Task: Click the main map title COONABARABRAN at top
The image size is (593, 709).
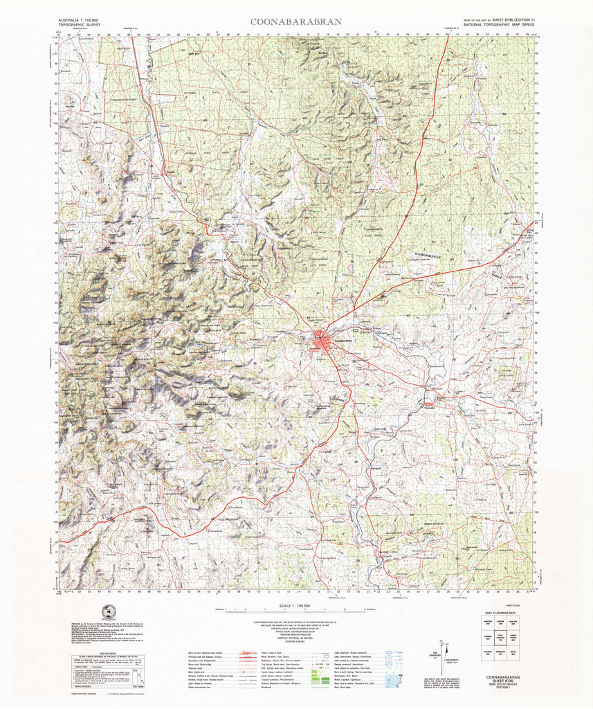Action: point(295,21)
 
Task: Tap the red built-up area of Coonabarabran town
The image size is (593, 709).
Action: point(322,341)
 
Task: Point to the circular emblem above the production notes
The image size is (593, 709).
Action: point(107,612)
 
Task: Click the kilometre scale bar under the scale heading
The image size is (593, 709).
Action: point(295,611)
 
